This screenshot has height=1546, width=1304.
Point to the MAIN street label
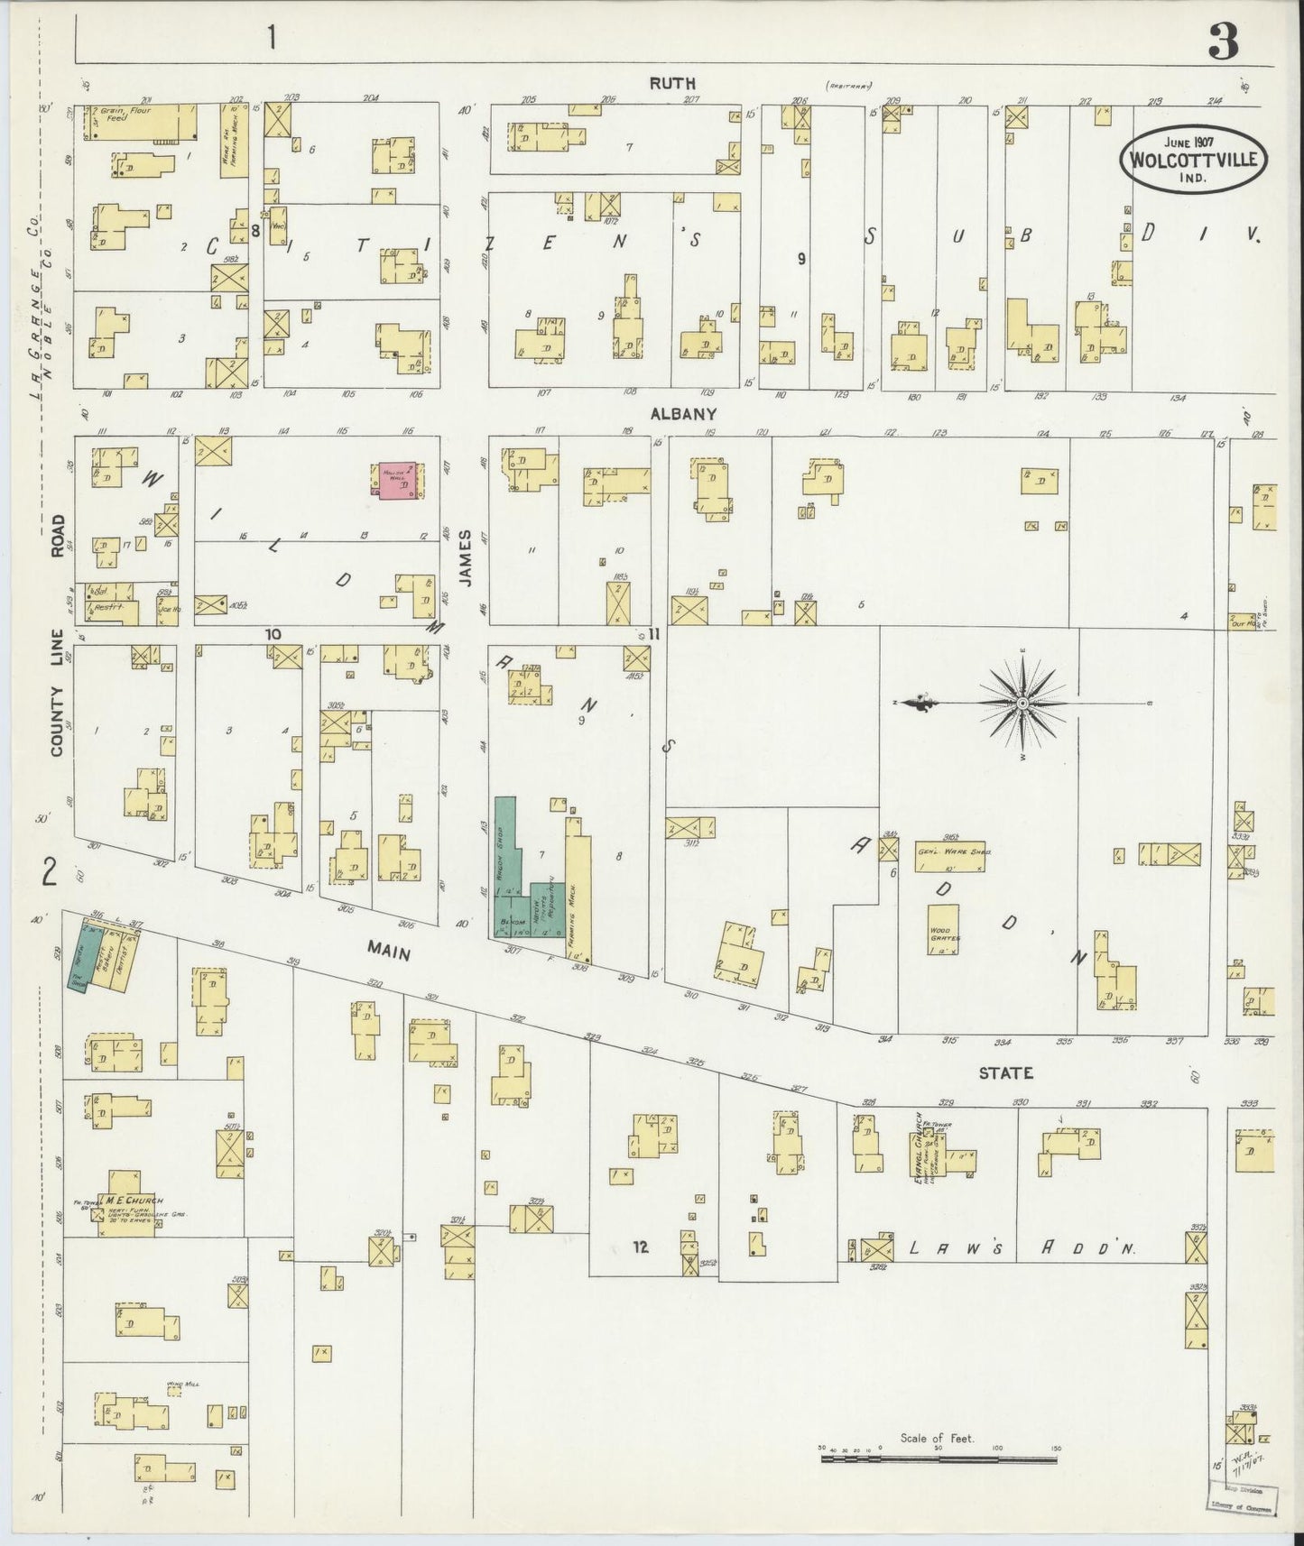pyautogui.click(x=389, y=951)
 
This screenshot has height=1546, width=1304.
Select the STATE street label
pyautogui.click(x=1006, y=1072)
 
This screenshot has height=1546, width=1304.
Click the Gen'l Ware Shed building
pyautogui.click(x=950, y=856)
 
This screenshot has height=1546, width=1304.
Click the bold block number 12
pyautogui.click(x=641, y=1247)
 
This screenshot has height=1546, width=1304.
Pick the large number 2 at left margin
pyautogui.click(x=50, y=872)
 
